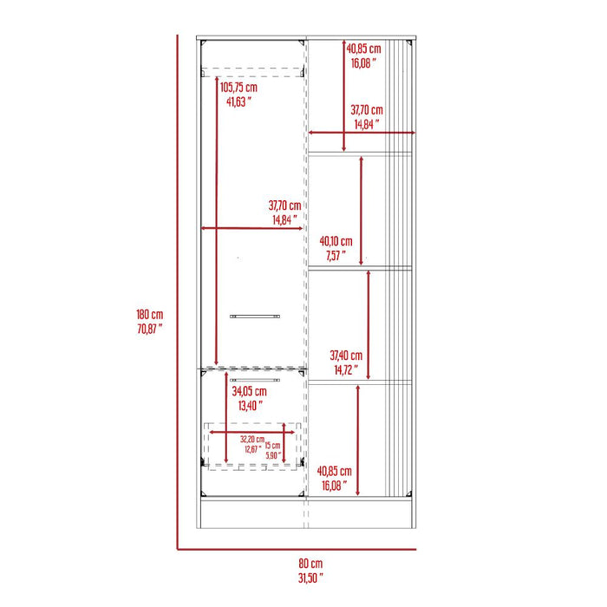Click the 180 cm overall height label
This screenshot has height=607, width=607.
(149, 314)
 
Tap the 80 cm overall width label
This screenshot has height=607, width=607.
(310, 564)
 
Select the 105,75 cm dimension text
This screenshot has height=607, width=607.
(238, 88)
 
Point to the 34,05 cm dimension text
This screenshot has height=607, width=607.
(250, 391)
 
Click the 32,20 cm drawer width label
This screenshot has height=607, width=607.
(252, 440)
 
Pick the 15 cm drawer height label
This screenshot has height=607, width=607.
(272, 446)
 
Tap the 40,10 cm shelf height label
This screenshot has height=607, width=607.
(336, 242)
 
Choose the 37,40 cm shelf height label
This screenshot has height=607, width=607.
(346, 356)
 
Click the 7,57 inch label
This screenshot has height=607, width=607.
(336, 256)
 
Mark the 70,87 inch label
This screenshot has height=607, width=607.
(149, 329)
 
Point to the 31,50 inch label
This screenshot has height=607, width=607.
(310, 578)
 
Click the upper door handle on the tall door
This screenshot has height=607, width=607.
(255, 317)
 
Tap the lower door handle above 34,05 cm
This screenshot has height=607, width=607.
(255, 380)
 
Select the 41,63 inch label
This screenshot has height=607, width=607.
(238, 101)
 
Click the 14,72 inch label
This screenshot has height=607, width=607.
(346, 369)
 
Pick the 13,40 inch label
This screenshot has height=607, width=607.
(250, 406)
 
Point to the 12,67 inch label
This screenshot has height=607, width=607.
(253, 449)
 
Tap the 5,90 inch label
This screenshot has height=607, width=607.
(272, 455)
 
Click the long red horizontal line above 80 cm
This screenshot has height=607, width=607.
(297, 549)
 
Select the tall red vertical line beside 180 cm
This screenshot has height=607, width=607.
(178, 292)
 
